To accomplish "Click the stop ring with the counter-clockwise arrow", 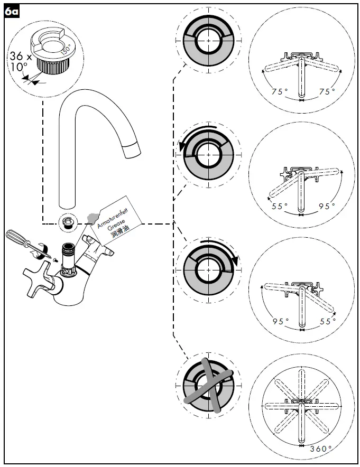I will (208, 153).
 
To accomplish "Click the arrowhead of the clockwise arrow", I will (236, 261).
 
